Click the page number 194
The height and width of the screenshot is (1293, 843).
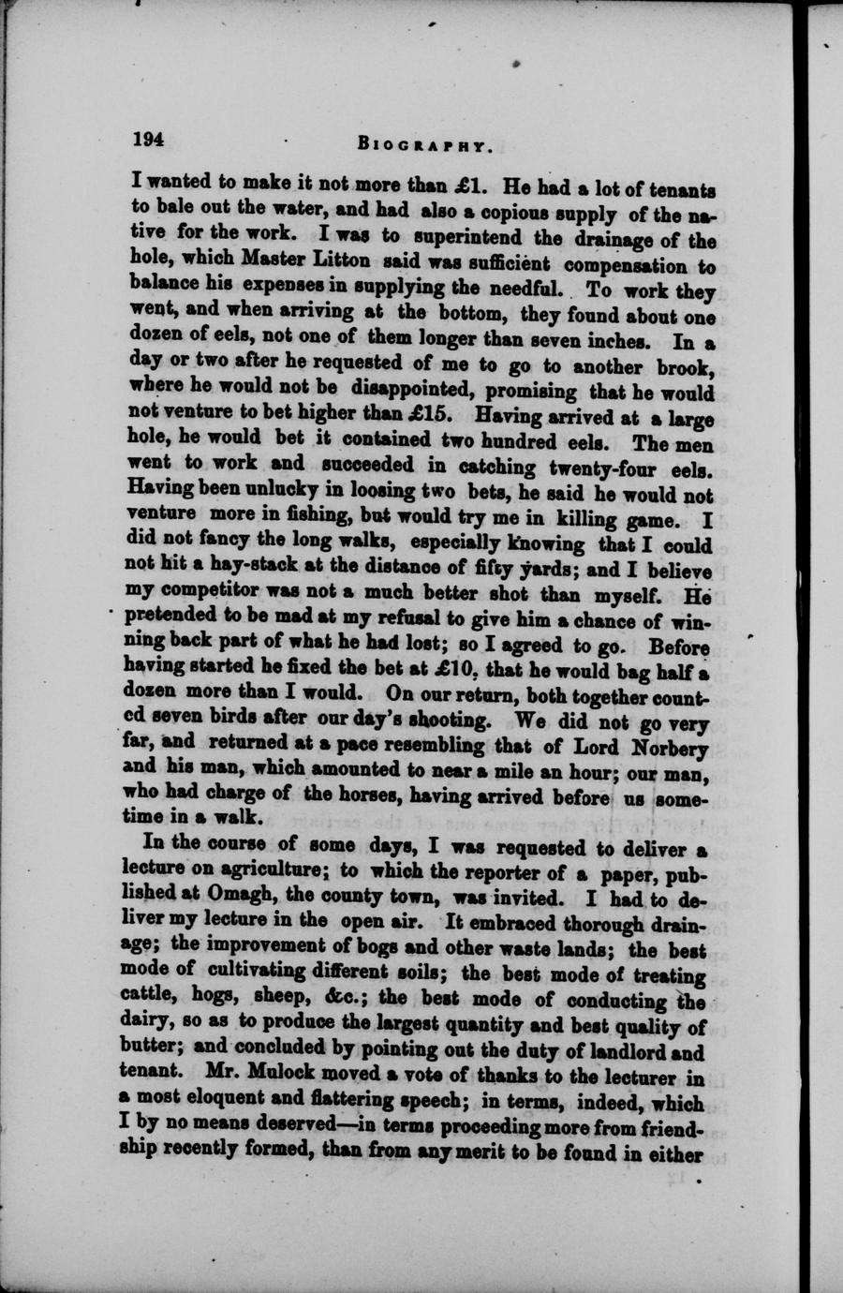point(149,140)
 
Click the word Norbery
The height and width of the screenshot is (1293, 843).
point(668,747)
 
